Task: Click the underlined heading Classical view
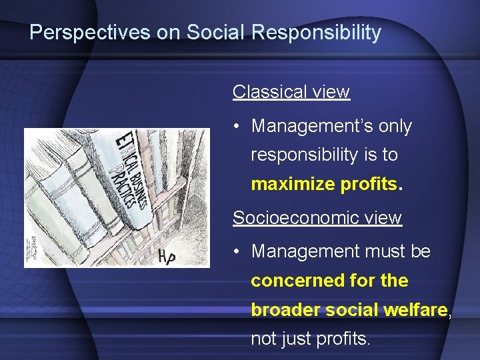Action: point(291,91)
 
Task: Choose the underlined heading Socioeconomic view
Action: point(317,218)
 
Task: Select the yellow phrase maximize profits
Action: point(325,185)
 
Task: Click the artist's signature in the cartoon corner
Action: point(31,250)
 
